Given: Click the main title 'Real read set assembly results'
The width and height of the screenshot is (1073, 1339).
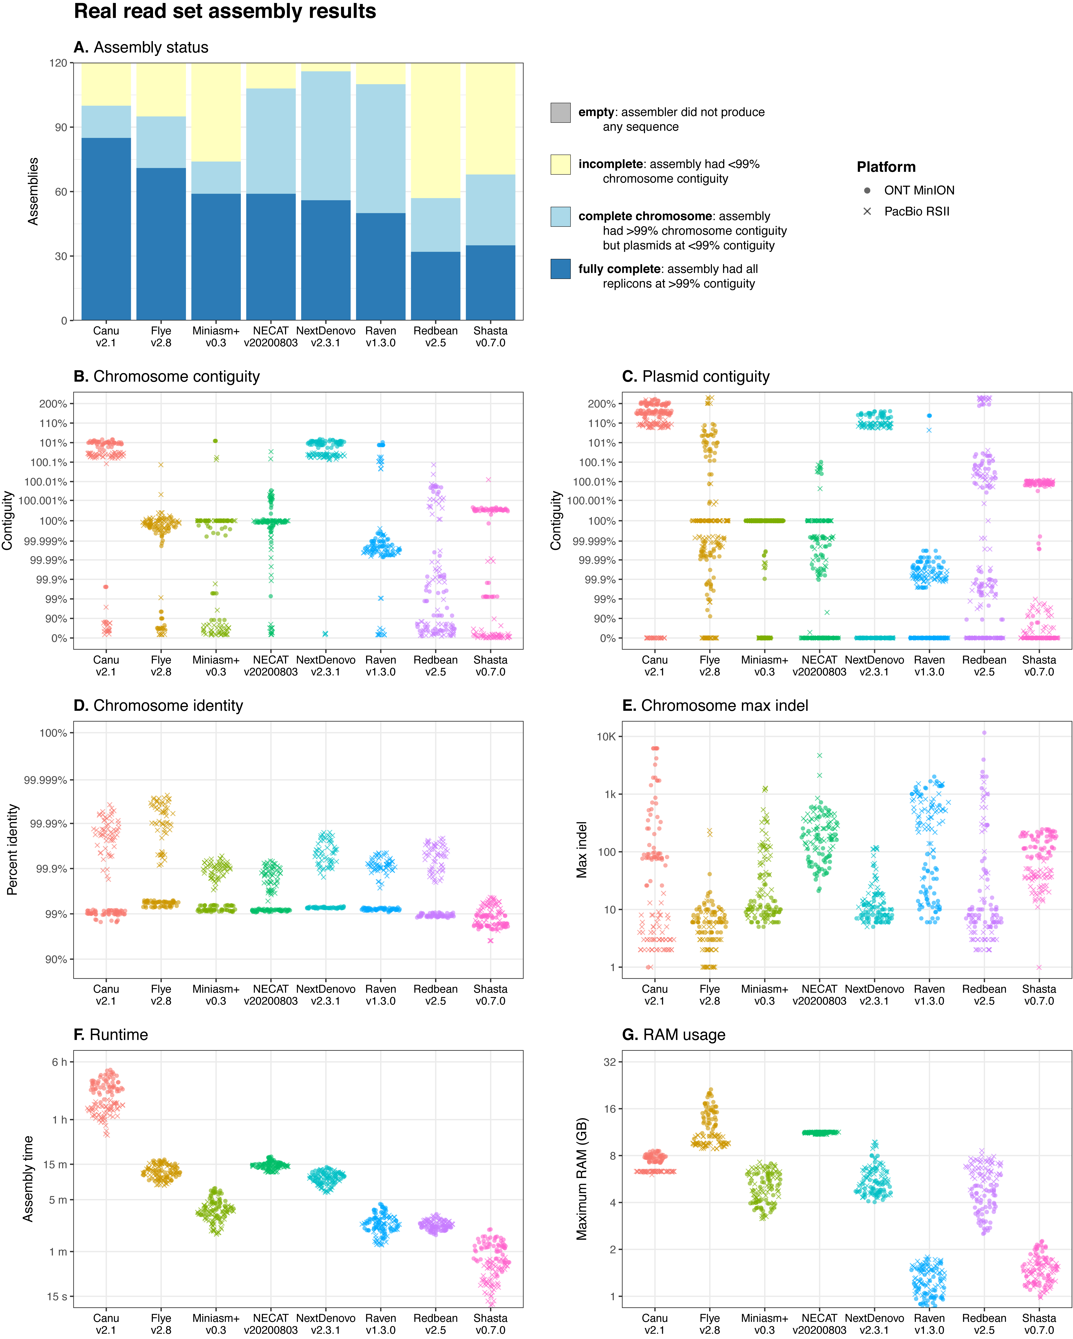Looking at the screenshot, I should click(x=225, y=12).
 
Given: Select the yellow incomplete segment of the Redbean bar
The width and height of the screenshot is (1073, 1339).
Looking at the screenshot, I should click(x=436, y=130).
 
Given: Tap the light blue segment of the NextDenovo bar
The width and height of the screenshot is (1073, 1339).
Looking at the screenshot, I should click(x=326, y=135).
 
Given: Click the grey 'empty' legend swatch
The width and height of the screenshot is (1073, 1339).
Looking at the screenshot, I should click(x=560, y=112).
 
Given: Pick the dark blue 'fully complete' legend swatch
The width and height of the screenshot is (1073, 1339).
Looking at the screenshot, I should click(x=560, y=269).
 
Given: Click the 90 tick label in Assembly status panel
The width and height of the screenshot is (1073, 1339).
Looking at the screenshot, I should click(x=60, y=127).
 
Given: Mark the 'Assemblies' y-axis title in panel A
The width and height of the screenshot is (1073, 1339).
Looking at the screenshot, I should click(x=33, y=191).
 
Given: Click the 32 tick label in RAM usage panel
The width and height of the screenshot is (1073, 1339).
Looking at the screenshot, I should click(x=610, y=1062).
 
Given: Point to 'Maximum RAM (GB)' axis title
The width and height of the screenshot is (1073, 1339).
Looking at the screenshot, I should click(x=582, y=1179).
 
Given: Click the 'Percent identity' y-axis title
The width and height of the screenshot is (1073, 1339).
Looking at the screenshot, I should click(x=12, y=850).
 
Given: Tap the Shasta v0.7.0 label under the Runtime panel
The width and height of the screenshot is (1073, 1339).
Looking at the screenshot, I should click(x=490, y=1323).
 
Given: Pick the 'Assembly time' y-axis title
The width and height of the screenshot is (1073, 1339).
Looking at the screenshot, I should click(x=28, y=1179).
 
